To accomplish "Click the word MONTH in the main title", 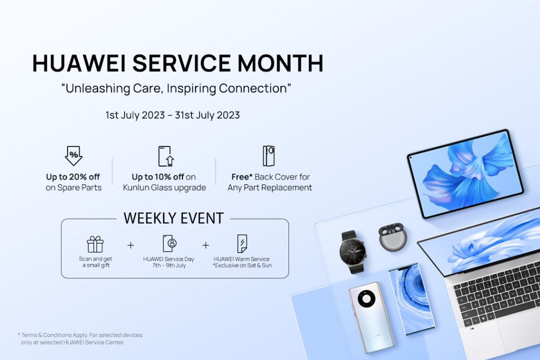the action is [281, 63].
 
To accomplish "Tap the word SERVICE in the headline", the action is [181, 63].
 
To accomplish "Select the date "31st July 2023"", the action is [207, 115].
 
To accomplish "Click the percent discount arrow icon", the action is [74, 156].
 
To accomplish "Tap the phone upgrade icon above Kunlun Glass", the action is [166, 156].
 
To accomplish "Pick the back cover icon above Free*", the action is [268, 156].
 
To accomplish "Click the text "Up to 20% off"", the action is [73, 177].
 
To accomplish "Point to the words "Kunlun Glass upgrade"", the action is [165, 188].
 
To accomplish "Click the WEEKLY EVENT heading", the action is [173, 218].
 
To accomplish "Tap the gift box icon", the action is [95, 245].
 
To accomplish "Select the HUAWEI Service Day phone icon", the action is [169, 244].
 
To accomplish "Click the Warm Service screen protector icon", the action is [242, 244].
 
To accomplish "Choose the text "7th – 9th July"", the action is [169, 265].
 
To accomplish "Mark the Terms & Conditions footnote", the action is [80, 339].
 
